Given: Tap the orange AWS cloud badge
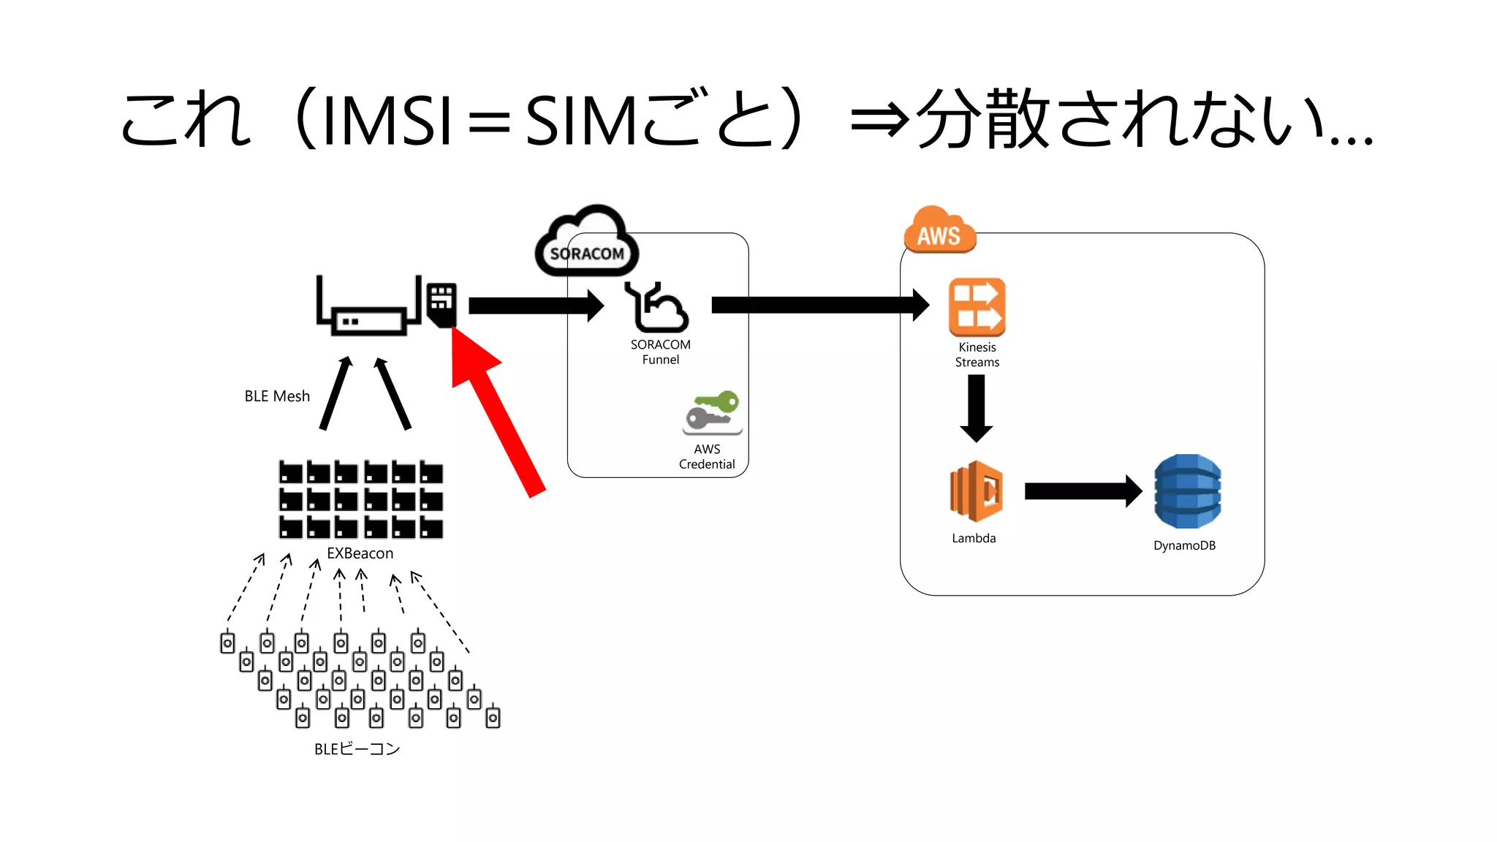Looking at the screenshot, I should tap(939, 232).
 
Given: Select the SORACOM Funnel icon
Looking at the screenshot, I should tap(657, 308).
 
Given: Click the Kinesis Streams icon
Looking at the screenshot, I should tap(977, 307).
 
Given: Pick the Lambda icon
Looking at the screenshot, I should tap(976, 491).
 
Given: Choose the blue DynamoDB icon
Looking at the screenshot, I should tap(1187, 491).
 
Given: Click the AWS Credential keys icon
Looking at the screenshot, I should tap(713, 413).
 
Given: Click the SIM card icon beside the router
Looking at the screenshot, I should tap(441, 304).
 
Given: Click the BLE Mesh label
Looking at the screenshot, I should tap(277, 396).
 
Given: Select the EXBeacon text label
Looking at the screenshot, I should tap(360, 553).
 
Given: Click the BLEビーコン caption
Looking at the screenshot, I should tap(357, 749).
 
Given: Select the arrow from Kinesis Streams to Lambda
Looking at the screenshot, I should tap(976, 408).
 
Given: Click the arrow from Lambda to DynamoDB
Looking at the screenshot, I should tap(1082, 491).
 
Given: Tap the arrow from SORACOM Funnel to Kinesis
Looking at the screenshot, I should tap(819, 305).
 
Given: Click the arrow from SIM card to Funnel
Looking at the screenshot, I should tap(535, 305).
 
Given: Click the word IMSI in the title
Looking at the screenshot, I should tap(387, 121).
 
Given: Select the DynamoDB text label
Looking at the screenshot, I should tap(1184, 545).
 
